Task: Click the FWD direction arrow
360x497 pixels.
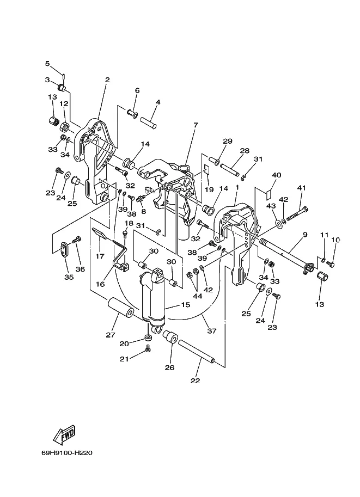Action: pyautogui.click(x=64, y=434)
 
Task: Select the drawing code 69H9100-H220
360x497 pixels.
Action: pyautogui.click(x=67, y=453)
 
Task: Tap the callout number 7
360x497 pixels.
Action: pyautogui.click(x=196, y=125)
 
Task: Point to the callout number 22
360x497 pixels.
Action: pyautogui.click(x=196, y=381)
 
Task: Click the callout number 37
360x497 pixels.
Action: pyautogui.click(x=212, y=331)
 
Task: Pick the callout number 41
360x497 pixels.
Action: pyautogui.click(x=302, y=188)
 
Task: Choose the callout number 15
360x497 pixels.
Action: pyautogui.click(x=186, y=305)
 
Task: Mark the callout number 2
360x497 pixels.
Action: pyautogui.click(x=107, y=79)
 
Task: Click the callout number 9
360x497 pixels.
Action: pyautogui.click(x=305, y=235)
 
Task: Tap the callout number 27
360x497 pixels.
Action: pyautogui.click(x=111, y=335)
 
